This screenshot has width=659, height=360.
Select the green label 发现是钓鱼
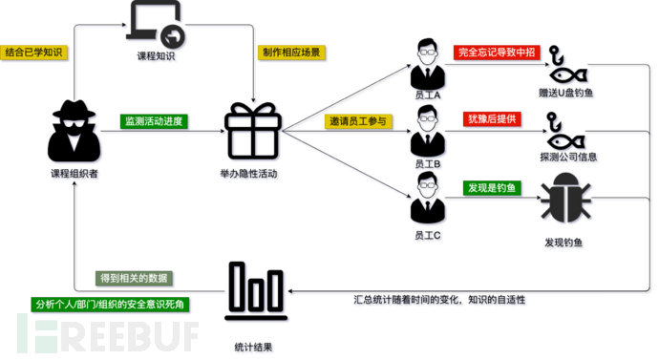490,188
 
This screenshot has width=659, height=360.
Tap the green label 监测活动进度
153,121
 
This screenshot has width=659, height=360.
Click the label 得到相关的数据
134,278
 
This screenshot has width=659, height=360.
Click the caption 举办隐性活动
249,174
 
